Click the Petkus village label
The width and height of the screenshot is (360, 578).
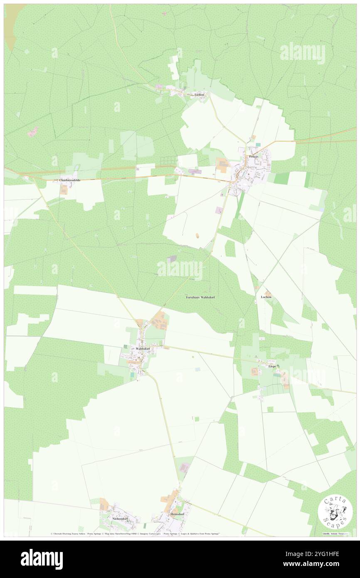pos(254,156)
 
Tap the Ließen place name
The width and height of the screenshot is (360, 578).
pos(200,95)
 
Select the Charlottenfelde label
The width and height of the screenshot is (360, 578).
pos(70,180)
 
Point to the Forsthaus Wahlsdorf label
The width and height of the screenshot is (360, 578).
pos(200,298)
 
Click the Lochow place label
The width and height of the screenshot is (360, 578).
pos(266,297)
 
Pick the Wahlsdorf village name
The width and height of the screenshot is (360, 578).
pos(141,348)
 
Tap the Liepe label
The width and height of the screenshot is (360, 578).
pos(272,366)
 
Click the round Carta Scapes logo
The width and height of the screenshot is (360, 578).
pos(335,511)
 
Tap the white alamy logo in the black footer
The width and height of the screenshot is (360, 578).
pos(42,559)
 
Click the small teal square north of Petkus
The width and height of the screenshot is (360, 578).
pos(259,145)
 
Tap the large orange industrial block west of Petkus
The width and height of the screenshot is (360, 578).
pos(222,165)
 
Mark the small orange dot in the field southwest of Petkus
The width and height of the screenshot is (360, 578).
pos(197,235)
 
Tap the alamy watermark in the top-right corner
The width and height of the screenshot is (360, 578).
pos(302,52)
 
